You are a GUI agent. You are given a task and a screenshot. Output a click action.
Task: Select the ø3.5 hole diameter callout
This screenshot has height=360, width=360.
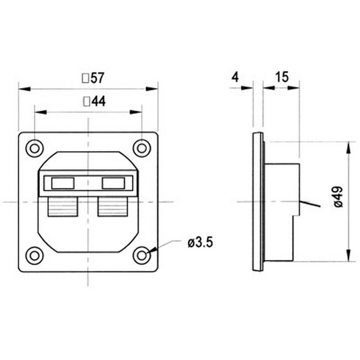click(x=200, y=243)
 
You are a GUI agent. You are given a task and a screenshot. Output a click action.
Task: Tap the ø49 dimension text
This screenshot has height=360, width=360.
click(x=338, y=197)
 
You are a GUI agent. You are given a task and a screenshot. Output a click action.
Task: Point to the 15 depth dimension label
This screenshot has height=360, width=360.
click(x=282, y=77)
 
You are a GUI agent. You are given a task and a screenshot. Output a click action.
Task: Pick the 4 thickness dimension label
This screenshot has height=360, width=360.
click(x=235, y=77)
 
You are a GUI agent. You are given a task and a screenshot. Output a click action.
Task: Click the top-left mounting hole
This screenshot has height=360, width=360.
click(x=34, y=148)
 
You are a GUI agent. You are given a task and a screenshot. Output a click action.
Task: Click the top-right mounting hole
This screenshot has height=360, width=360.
click(x=142, y=148)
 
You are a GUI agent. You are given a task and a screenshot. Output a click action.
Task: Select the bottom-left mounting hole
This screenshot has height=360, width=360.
click(x=34, y=256)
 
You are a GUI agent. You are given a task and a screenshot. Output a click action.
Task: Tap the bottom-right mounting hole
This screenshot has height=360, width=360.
click(x=142, y=256)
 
